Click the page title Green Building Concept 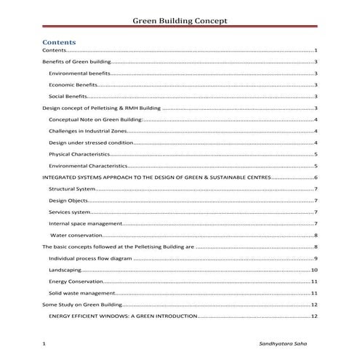(180, 20)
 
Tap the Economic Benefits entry (73, 85)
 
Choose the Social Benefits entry (68, 96)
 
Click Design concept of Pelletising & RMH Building (102, 108)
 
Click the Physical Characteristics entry (79, 154)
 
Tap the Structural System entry (71, 188)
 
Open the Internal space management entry (81, 223)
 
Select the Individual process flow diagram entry (88, 259)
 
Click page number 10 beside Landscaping (313, 270)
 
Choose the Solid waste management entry (81, 293)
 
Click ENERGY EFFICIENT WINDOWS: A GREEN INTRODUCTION (123, 317)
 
